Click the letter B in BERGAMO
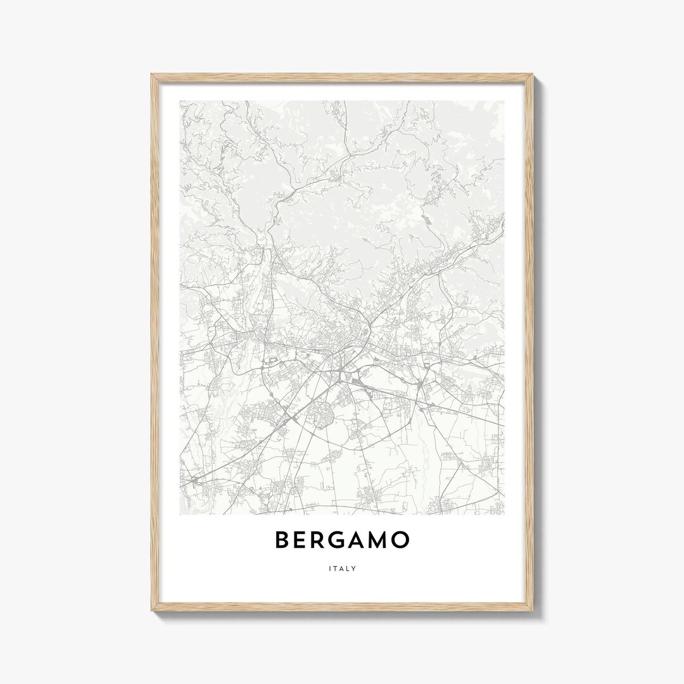[x=282, y=540]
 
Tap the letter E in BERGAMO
[x=302, y=540]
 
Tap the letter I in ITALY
[x=330, y=568]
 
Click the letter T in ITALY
[x=336, y=568]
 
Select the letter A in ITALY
[x=342, y=568]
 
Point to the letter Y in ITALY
[x=354, y=568]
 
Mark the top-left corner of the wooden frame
[x=151, y=75]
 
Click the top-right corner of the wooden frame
[x=533, y=75]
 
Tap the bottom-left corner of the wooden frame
[x=151, y=611]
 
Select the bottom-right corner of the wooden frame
[x=533, y=611]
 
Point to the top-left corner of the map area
[x=180, y=101]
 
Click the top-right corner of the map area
[x=504, y=101]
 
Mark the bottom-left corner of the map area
[x=180, y=514]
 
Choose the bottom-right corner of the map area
[x=504, y=514]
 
